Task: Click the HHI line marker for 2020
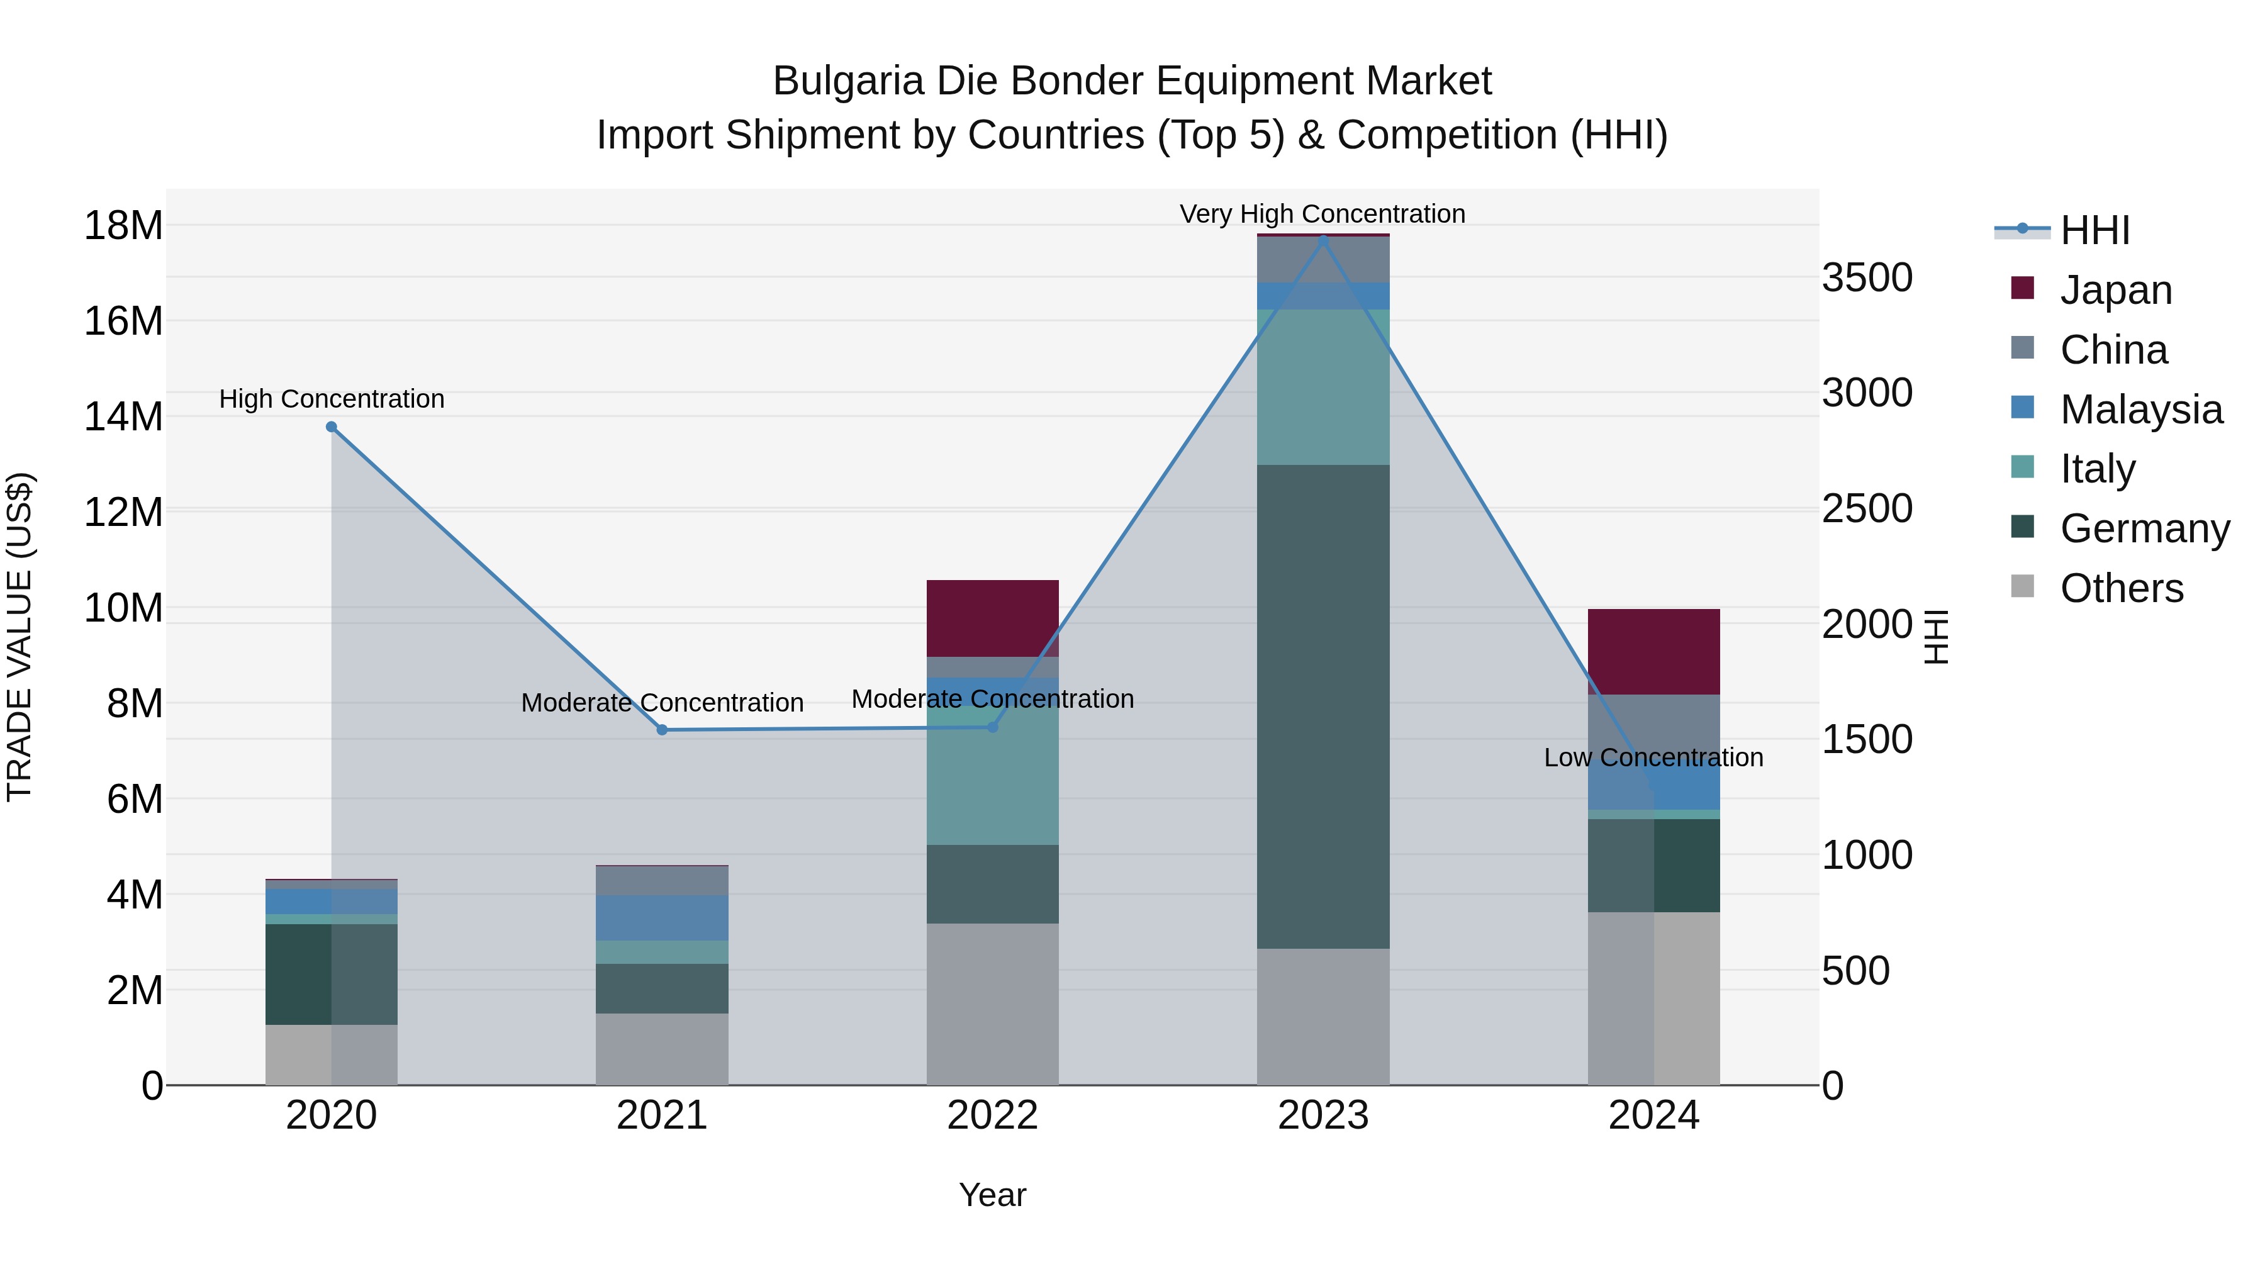(x=332, y=427)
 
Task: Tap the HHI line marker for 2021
(x=662, y=730)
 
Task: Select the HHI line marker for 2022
(x=993, y=727)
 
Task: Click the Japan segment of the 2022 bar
(x=993, y=618)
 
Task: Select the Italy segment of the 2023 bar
(x=1323, y=387)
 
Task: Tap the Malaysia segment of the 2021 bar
(x=662, y=918)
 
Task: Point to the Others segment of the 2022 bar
(x=993, y=1003)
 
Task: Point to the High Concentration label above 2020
(x=332, y=399)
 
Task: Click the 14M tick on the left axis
(x=123, y=416)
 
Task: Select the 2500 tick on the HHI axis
(x=1866, y=509)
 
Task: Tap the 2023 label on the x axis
(x=1323, y=1115)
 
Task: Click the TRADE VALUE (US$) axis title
(x=20, y=637)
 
